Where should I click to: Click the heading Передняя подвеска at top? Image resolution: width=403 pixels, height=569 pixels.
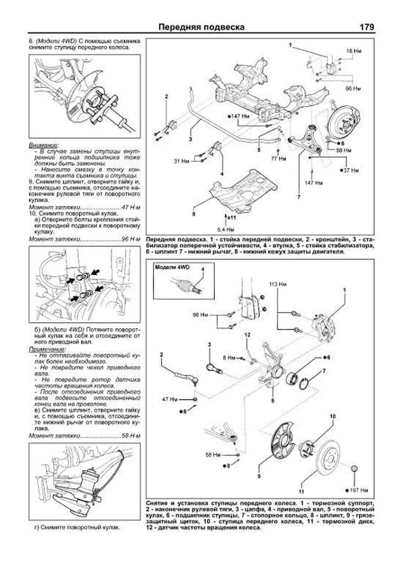click(x=201, y=27)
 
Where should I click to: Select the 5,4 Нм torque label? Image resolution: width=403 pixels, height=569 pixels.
click(x=225, y=230)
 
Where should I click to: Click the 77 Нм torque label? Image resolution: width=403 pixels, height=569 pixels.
click(x=278, y=159)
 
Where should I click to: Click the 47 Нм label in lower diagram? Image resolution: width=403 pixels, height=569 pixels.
click(x=170, y=400)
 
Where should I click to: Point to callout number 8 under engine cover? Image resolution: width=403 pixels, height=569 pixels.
click(x=193, y=214)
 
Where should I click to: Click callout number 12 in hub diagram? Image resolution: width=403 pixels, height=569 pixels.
click(x=247, y=335)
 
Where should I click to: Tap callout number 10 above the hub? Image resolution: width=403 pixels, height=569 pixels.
click(x=332, y=417)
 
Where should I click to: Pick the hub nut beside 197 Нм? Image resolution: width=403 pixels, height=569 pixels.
click(x=354, y=468)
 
